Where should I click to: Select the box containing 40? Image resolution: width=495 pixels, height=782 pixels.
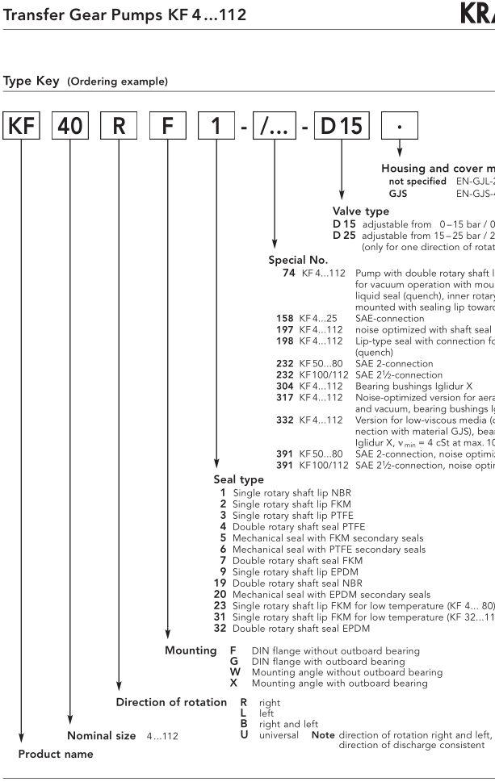pos(71,129)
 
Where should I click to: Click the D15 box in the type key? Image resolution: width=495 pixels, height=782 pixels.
pos(343,129)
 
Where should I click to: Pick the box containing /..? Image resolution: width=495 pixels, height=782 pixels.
pos(274,129)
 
